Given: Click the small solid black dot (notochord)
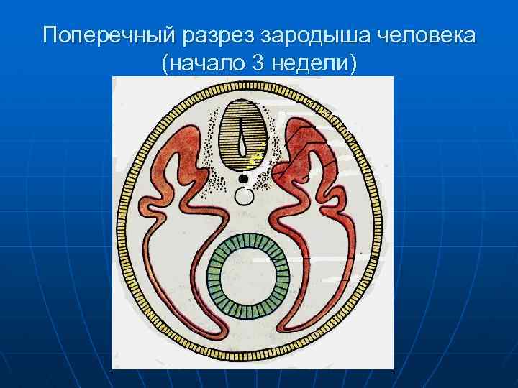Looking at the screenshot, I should point(244,177).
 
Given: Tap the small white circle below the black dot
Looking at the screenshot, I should point(245,195).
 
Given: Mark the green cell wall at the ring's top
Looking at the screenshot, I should point(248,239).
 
